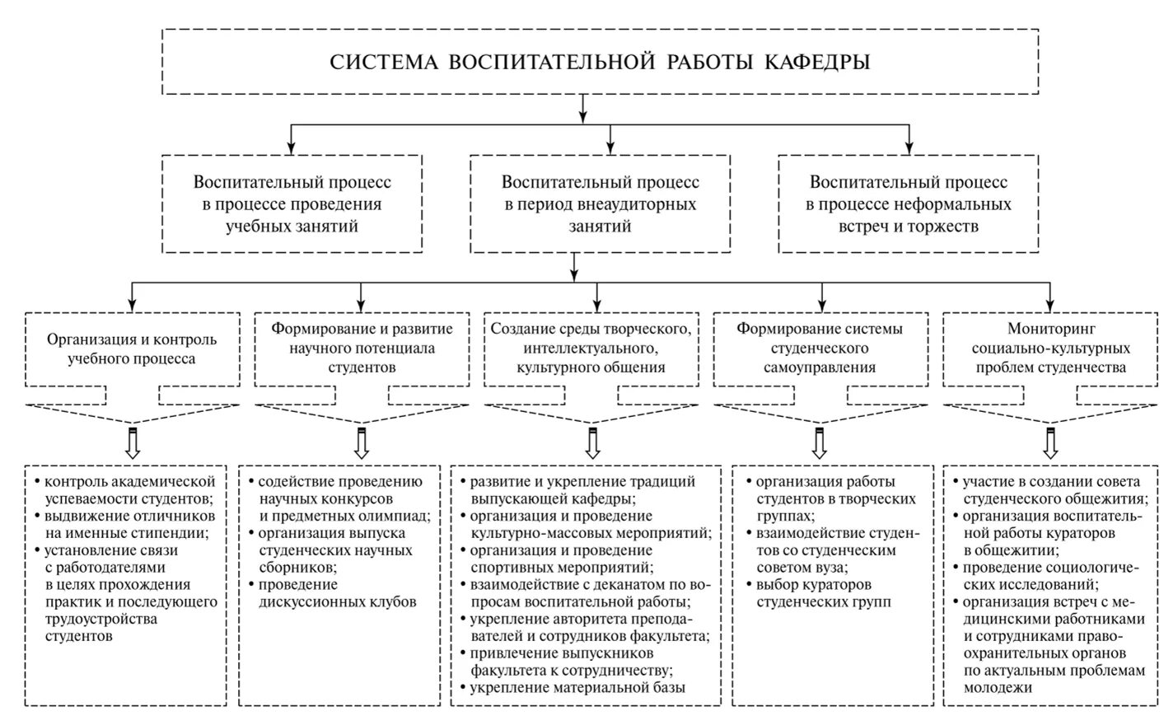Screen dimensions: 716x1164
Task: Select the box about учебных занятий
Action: pyautogui.click(x=292, y=204)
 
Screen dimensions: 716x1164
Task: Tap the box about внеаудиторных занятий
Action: pyautogui.click(x=600, y=204)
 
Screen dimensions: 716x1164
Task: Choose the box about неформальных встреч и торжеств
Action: pyautogui.click(x=908, y=204)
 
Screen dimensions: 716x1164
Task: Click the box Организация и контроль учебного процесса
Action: pyautogui.click(x=132, y=349)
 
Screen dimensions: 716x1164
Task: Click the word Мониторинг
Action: pyautogui.click(x=1050, y=329)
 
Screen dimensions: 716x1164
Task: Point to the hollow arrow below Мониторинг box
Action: pyautogui.click(x=1050, y=442)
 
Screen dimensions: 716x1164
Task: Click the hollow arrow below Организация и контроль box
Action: pyautogui.click(x=132, y=442)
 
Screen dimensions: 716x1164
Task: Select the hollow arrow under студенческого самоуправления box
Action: pyautogui.click(x=820, y=442)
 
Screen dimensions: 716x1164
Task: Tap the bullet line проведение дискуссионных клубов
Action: pyautogui.click(x=337, y=593)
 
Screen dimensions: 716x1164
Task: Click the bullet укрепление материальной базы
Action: pyautogui.click(x=577, y=687)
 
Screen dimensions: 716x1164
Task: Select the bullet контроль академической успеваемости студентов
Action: pyautogui.click(x=129, y=490)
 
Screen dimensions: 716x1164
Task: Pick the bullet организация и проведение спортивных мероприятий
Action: pyautogui.click(x=561, y=559)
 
